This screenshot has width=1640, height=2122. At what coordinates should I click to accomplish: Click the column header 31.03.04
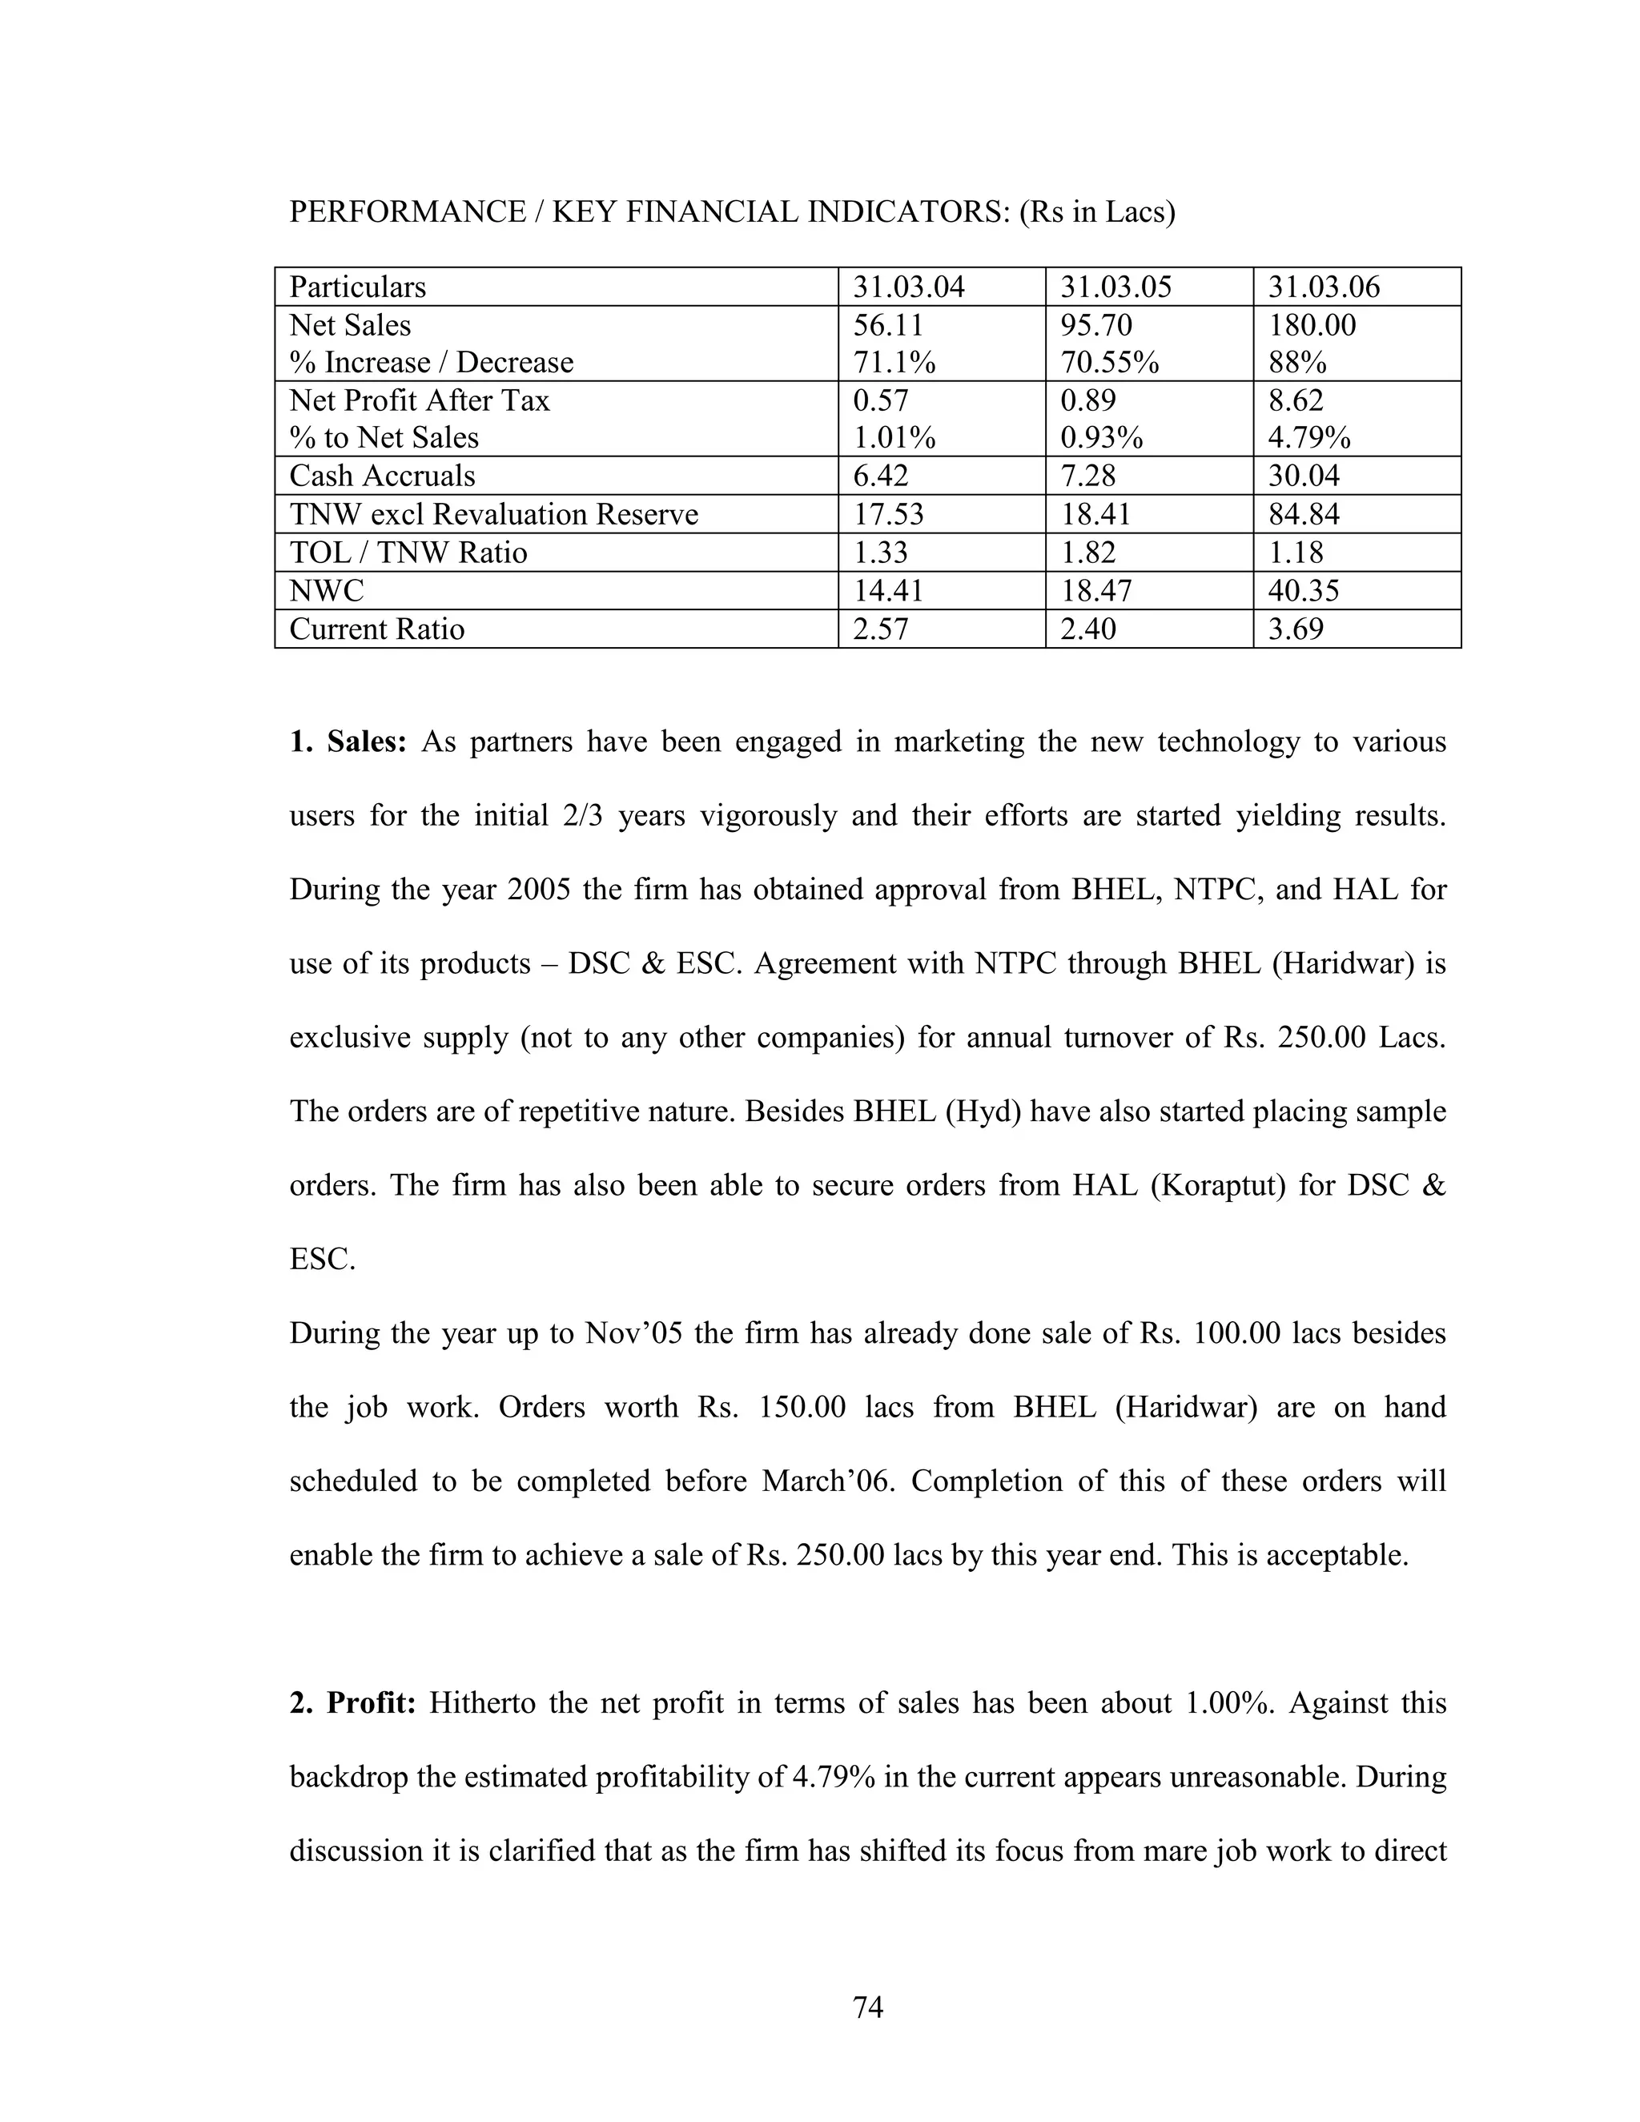pyautogui.click(x=908, y=287)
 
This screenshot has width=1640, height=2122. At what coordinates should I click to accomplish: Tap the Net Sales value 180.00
pyautogui.click(x=1312, y=324)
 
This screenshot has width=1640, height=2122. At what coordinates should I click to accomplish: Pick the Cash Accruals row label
pyautogui.click(x=382, y=476)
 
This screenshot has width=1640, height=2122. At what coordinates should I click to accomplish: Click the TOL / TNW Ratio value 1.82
pyautogui.click(x=1088, y=553)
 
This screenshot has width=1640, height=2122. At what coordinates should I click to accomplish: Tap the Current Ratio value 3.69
pyautogui.click(x=1295, y=629)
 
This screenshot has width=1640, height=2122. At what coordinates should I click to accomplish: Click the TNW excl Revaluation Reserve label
pyautogui.click(x=493, y=514)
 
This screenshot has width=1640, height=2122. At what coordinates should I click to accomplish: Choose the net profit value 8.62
pyautogui.click(x=1295, y=400)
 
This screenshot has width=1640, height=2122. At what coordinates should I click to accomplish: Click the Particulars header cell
pyautogui.click(x=357, y=287)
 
